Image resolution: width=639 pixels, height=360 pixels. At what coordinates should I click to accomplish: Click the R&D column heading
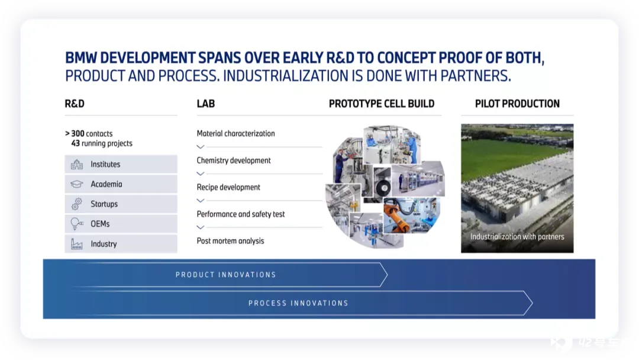pyautogui.click(x=75, y=104)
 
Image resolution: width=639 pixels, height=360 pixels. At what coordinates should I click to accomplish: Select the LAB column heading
pyautogui.click(x=206, y=104)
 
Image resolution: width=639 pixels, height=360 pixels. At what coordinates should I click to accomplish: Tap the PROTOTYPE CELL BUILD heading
pyautogui.click(x=382, y=104)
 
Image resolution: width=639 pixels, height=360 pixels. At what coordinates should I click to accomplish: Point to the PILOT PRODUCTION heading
pyautogui.click(x=517, y=104)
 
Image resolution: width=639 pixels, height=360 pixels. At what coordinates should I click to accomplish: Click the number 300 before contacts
pyautogui.click(x=78, y=133)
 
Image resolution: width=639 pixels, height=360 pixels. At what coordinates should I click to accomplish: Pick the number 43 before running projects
pyautogui.click(x=75, y=143)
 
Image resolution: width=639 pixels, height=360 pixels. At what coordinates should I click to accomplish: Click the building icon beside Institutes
pyautogui.click(x=76, y=164)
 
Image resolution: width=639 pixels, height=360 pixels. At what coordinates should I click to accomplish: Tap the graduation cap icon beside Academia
pyautogui.click(x=76, y=184)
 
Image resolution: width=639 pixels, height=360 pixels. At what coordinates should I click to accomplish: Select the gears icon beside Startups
pyautogui.click(x=76, y=204)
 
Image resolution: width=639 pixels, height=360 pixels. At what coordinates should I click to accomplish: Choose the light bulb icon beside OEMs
pyautogui.click(x=76, y=224)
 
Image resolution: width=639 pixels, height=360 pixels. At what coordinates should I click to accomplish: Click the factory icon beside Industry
pyautogui.click(x=76, y=244)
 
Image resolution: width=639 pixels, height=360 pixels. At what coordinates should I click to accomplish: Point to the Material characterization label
pyautogui.click(x=235, y=133)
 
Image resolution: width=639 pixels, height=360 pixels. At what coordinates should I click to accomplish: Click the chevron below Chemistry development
pyautogui.click(x=200, y=173)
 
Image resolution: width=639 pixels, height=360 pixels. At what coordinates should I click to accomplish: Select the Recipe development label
pyautogui.click(x=228, y=187)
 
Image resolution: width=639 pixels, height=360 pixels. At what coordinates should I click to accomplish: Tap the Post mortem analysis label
pyautogui.click(x=230, y=241)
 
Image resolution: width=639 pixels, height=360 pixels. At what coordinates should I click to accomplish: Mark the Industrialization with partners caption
pyautogui.click(x=517, y=236)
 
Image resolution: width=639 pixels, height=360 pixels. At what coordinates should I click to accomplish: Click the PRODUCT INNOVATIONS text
pyautogui.click(x=226, y=275)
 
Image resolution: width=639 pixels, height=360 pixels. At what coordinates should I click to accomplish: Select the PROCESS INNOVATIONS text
pyautogui.click(x=298, y=303)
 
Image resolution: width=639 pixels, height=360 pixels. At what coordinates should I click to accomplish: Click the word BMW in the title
pyautogui.click(x=80, y=58)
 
